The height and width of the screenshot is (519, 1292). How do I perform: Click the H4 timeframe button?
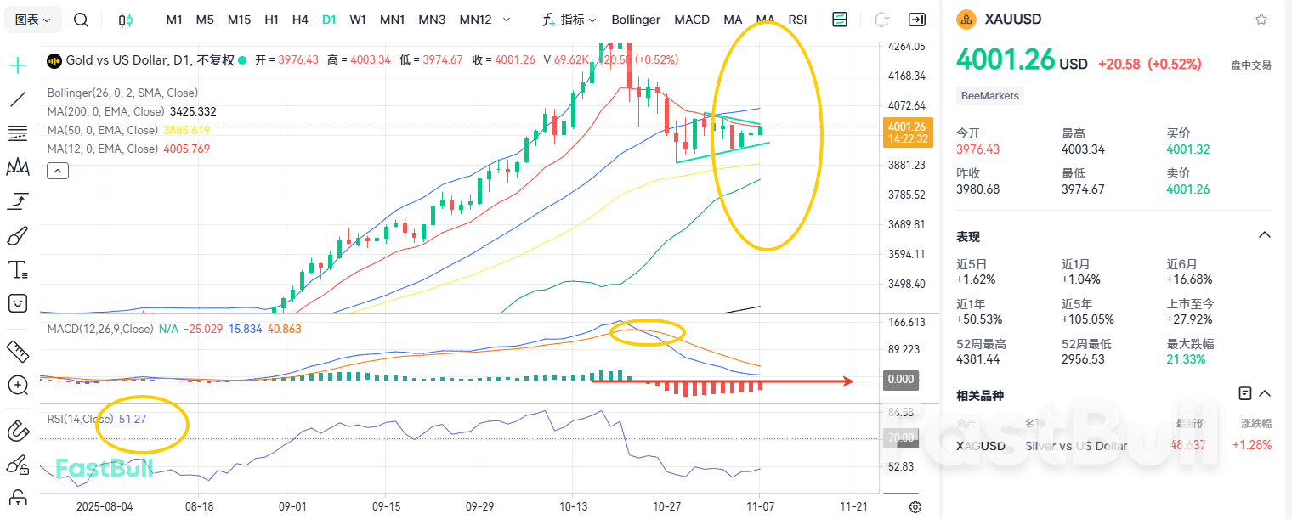click(x=300, y=20)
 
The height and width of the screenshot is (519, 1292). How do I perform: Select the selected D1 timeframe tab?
click(x=329, y=20)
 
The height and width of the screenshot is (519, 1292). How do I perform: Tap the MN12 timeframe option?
click(x=475, y=20)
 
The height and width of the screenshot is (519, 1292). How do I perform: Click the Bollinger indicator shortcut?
click(x=636, y=20)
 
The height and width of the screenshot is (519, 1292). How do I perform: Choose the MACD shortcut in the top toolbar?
click(x=692, y=20)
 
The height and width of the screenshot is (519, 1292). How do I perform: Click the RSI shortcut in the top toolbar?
click(x=797, y=20)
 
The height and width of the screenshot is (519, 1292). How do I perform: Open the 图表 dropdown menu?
click(x=33, y=20)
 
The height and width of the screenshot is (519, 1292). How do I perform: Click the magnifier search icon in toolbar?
click(x=81, y=20)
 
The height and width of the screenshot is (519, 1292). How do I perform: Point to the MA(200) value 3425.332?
click(x=193, y=111)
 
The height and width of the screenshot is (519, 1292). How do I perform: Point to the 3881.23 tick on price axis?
click(x=907, y=165)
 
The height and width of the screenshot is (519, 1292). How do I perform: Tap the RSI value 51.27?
click(x=133, y=419)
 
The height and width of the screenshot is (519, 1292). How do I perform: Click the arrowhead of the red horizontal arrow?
click(x=847, y=381)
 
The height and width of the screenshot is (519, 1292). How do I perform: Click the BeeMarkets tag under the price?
click(x=989, y=96)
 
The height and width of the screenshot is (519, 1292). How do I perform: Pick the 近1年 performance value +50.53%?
click(x=979, y=319)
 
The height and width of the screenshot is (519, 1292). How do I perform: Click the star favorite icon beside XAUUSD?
click(x=1261, y=20)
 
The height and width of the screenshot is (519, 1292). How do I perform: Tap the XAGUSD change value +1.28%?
click(x=1252, y=445)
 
